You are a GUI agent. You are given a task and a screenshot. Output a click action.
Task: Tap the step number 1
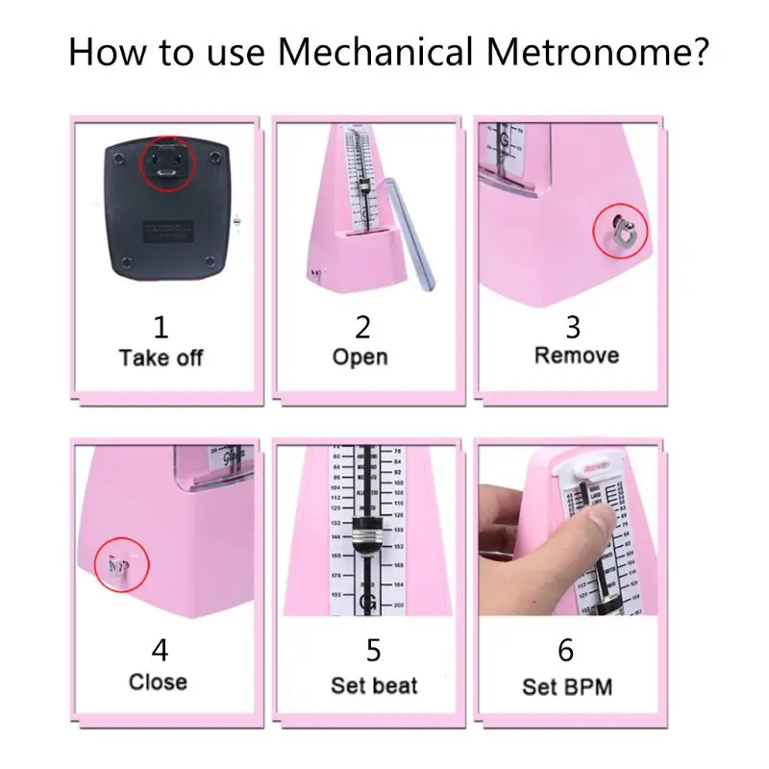[161, 327]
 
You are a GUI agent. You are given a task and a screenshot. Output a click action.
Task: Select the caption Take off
[161, 358]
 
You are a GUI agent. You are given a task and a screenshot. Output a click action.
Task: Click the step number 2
[361, 327]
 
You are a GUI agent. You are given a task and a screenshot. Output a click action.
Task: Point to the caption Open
[360, 357]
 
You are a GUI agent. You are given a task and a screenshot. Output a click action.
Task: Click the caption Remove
[577, 355]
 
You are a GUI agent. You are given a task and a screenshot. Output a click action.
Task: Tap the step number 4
[160, 651]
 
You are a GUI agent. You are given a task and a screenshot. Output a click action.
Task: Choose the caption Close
[159, 682]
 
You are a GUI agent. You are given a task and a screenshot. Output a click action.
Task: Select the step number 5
[373, 651]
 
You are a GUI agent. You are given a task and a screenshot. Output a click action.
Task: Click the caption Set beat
[374, 685]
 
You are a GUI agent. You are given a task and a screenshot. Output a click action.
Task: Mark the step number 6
[566, 651]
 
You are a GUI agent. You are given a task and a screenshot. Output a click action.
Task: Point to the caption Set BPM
[567, 686]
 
